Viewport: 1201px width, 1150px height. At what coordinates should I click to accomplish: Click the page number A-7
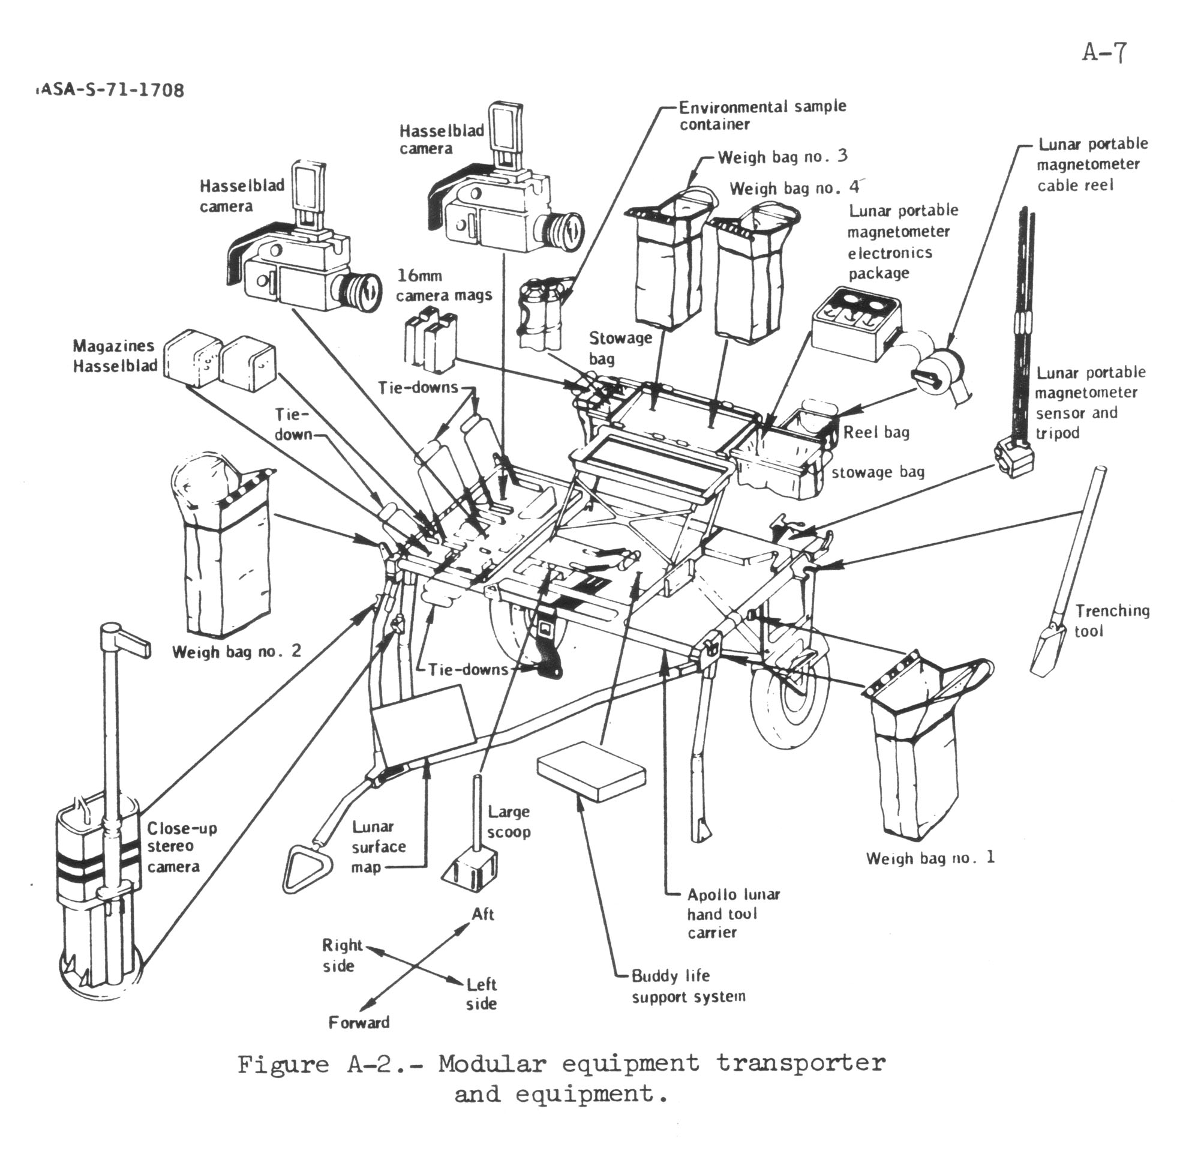[1104, 53]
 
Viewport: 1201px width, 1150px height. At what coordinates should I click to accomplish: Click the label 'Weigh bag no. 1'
[930, 858]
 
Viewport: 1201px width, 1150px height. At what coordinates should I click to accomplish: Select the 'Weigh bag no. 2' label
[236, 651]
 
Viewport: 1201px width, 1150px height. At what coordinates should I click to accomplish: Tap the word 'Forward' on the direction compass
[359, 1023]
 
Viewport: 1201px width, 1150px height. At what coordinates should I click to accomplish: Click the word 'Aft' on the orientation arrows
[483, 915]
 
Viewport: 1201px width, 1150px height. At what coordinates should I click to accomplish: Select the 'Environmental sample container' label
[762, 115]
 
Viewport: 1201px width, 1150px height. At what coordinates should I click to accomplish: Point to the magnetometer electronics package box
[857, 325]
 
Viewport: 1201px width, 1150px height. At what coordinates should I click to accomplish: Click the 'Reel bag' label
[876, 432]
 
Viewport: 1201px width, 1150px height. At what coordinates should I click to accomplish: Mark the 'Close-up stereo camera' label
[181, 847]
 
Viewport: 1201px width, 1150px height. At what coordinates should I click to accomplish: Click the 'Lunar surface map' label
[377, 846]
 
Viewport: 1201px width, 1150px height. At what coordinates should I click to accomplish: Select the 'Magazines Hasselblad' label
[115, 355]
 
